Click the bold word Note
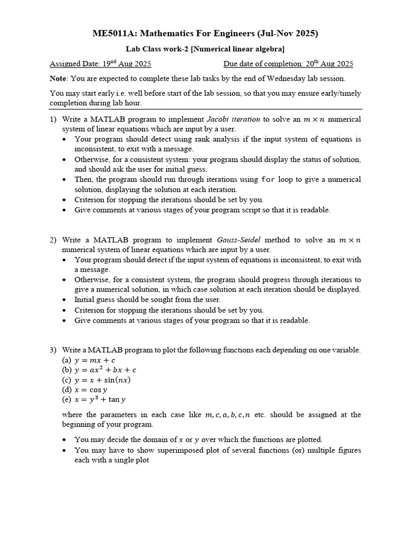click(x=59, y=79)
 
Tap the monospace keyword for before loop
click(x=268, y=180)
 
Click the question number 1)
click(x=54, y=119)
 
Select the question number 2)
click(x=54, y=240)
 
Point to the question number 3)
click(x=54, y=350)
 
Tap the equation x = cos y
click(x=91, y=390)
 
